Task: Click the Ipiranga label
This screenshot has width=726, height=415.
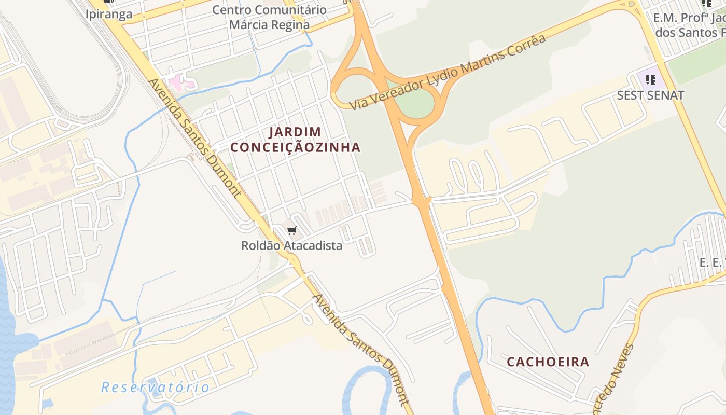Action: pyautogui.click(x=109, y=14)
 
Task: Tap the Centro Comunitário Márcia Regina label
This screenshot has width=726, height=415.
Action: pyautogui.click(x=270, y=17)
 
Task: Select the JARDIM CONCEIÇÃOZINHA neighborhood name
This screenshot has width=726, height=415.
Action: pyautogui.click(x=295, y=140)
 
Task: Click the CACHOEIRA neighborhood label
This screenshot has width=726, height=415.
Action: pyautogui.click(x=548, y=362)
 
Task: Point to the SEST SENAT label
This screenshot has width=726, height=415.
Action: pyautogui.click(x=650, y=95)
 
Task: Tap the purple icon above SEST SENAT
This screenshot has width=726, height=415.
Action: pyautogui.click(x=651, y=80)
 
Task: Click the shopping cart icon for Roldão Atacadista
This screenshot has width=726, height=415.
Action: pyautogui.click(x=291, y=231)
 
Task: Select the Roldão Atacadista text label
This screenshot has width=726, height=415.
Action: pyautogui.click(x=291, y=245)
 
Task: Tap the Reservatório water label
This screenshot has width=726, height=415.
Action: pyautogui.click(x=155, y=387)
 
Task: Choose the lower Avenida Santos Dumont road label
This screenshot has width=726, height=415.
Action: pyautogui.click(x=361, y=349)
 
